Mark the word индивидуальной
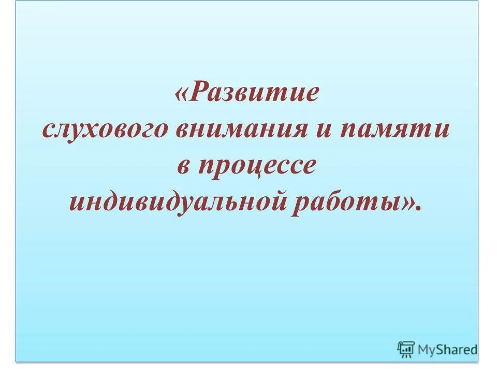[180, 200]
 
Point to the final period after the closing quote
[418, 207]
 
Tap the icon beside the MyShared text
[406, 350]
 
